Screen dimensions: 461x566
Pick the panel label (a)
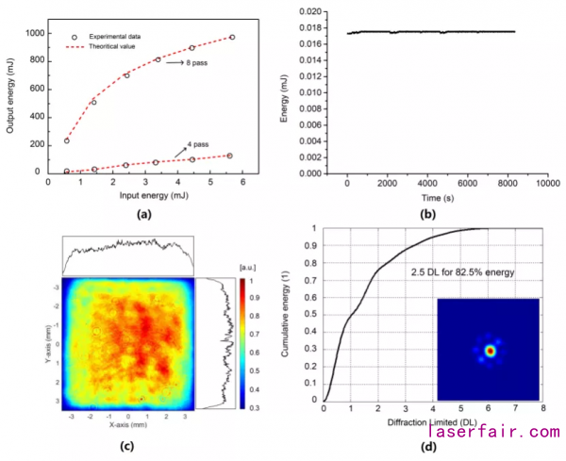(x=143, y=214)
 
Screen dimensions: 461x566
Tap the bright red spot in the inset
(x=489, y=351)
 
